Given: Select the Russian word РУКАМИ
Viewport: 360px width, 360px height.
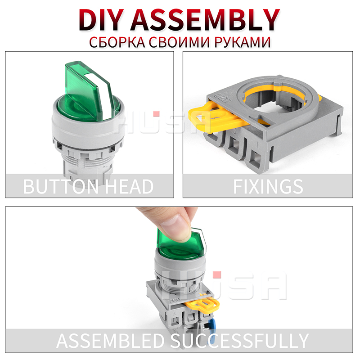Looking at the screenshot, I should [x=242, y=42].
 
